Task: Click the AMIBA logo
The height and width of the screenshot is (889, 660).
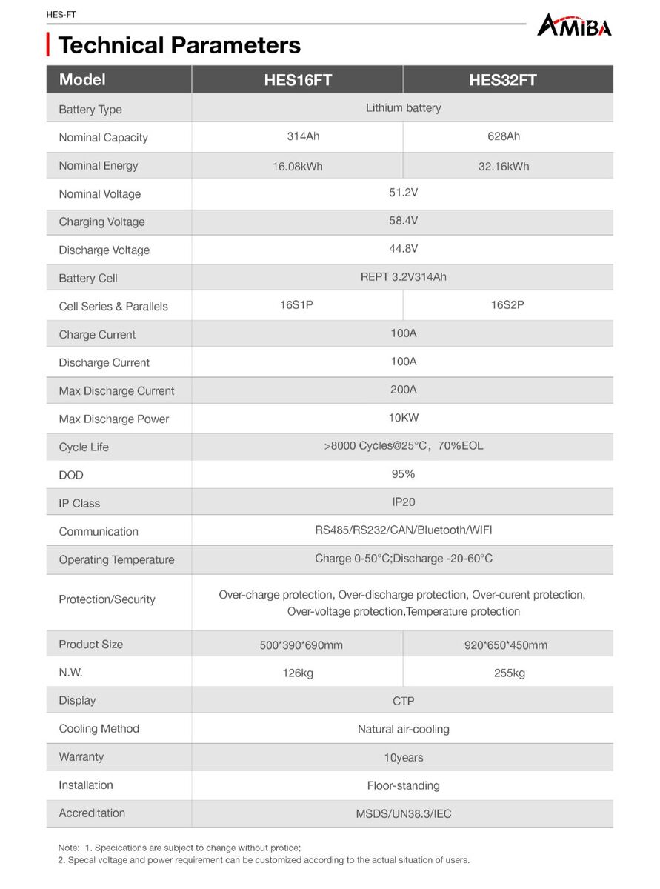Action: pyautogui.click(x=574, y=26)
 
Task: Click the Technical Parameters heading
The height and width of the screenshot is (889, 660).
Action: pyautogui.click(x=179, y=45)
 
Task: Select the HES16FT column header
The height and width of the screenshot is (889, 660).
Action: pyautogui.click(x=298, y=80)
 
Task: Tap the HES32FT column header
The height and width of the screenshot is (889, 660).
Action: pyautogui.click(x=502, y=80)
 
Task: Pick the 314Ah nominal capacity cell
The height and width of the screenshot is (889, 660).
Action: pyautogui.click(x=298, y=136)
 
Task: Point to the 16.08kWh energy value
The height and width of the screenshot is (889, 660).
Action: pyautogui.click(x=298, y=166)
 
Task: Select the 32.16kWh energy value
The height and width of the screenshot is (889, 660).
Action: pyautogui.click(x=504, y=166)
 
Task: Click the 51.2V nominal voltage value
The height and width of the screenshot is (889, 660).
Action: pyautogui.click(x=403, y=193)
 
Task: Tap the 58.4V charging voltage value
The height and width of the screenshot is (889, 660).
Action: pyautogui.click(x=403, y=221)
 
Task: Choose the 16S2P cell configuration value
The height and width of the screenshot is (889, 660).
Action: pyautogui.click(x=507, y=304)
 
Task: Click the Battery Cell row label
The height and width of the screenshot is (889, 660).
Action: pyautogui.click(x=88, y=279)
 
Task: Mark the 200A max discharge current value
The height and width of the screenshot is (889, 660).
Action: pyautogui.click(x=403, y=389)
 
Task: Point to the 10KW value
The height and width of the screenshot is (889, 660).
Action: pyautogui.click(x=403, y=418)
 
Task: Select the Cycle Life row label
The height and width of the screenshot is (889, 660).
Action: pyautogui.click(x=84, y=447)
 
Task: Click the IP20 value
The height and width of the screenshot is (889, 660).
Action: pyautogui.click(x=403, y=502)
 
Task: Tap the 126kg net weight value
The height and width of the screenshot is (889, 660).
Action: pyautogui.click(x=298, y=673)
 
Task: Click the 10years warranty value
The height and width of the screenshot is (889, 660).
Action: pyautogui.click(x=403, y=758)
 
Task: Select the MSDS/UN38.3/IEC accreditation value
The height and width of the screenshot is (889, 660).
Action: pyautogui.click(x=403, y=814)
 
